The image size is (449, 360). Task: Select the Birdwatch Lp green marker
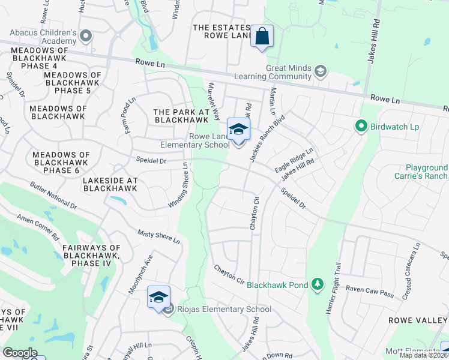click(361, 126)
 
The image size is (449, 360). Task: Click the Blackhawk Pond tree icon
click(317, 284)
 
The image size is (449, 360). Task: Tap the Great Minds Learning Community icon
click(320, 71)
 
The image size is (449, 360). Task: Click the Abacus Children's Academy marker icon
click(86, 36)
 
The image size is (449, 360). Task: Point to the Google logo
click(20, 353)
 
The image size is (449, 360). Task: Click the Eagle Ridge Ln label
click(294, 159)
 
